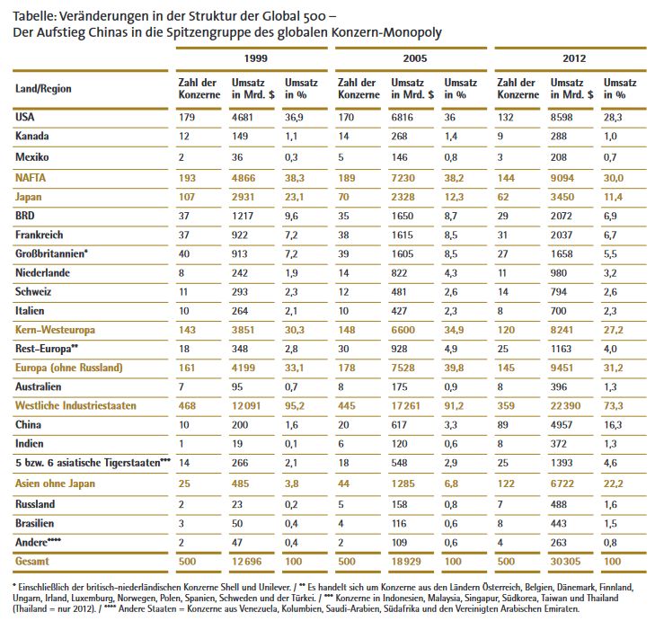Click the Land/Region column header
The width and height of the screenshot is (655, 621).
tap(43, 89)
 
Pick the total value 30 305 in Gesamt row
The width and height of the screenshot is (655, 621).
tap(563, 562)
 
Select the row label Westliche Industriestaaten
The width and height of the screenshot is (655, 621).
tap(75, 405)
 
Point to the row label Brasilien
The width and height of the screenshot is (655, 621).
tap(36, 523)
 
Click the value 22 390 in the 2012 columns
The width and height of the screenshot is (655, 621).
tap(563, 405)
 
